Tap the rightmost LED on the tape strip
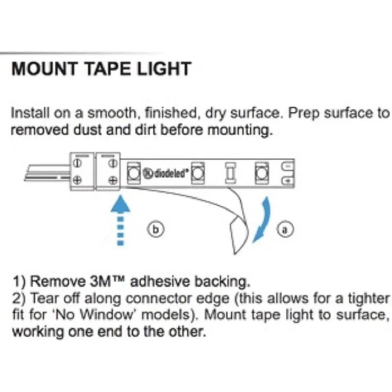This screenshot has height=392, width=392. tap(261, 172)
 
